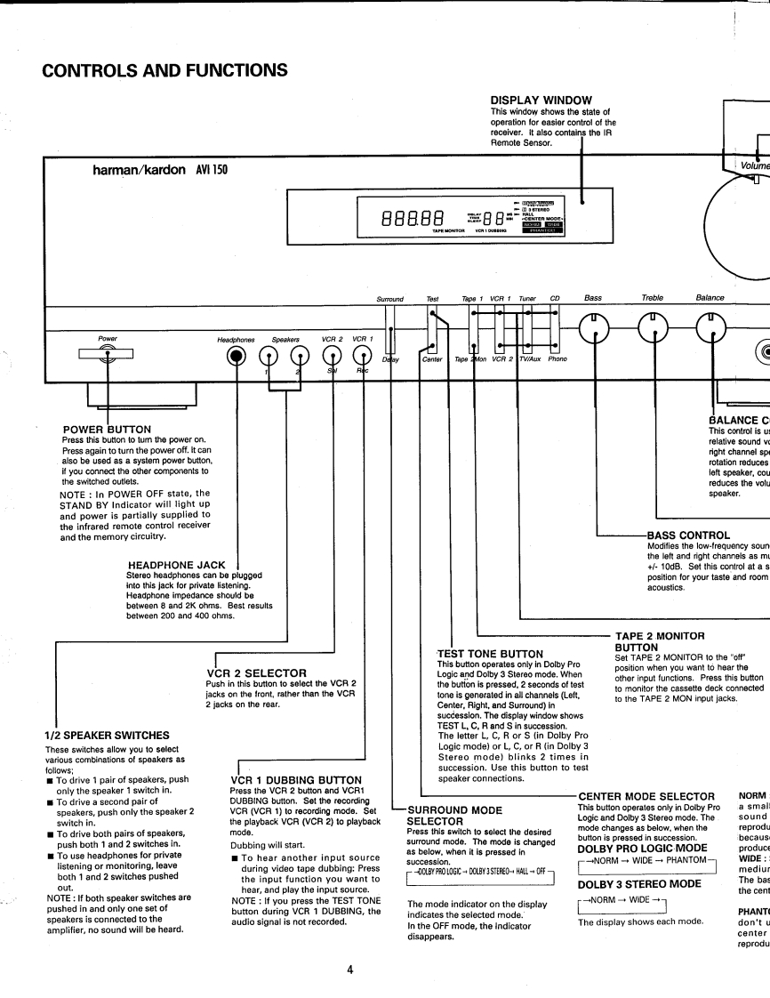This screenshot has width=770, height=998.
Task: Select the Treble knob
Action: [x=654, y=330]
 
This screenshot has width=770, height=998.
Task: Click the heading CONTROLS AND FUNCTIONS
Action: [x=164, y=69]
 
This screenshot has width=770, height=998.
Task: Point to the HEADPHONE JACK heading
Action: [x=176, y=565]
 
